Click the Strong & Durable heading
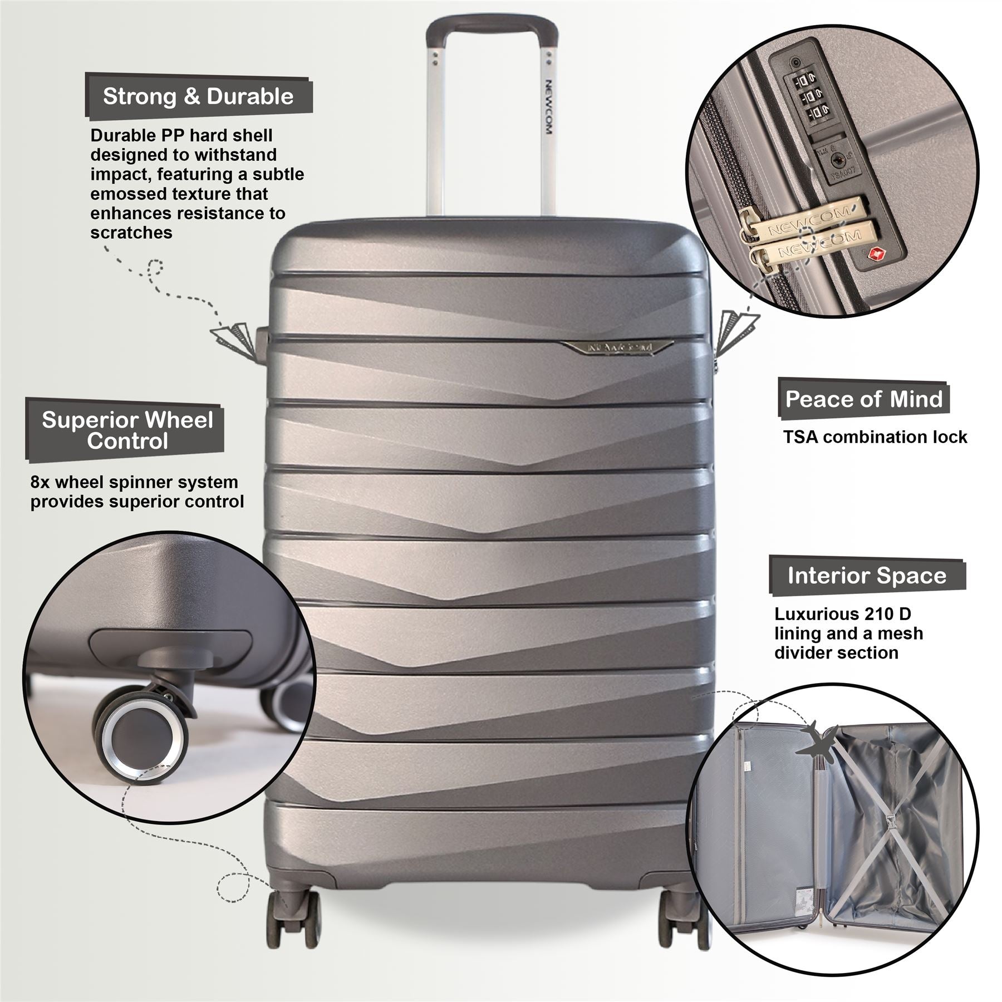(x=198, y=97)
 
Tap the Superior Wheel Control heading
(x=127, y=430)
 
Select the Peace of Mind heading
(x=863, y=399)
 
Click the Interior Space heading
(x=867, y=576)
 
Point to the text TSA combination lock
(x=875, y=438)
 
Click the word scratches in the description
(x=131, y=233)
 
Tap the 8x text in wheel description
(x=41, y=482)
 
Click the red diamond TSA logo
(x=875, y=254)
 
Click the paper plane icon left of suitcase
(x=234, y=337)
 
